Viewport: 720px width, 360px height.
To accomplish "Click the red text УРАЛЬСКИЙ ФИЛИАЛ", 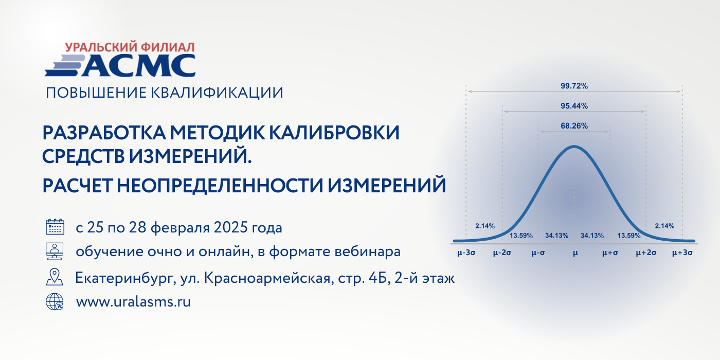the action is click(x=130, y=47).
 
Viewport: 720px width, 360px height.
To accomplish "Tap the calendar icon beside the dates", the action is click(x=55, y=227).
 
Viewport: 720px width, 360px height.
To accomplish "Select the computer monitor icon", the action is click(x=55, y=251).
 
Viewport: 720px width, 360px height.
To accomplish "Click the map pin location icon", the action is click(x=55, y=277).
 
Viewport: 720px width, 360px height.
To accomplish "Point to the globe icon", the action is click(x=55, y=301).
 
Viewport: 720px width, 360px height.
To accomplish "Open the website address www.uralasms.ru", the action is click(x=133, y=302).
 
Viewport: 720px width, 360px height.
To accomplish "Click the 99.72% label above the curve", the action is click(x=574, y=86).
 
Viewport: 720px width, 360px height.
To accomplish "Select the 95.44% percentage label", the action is click(x=574, y=106).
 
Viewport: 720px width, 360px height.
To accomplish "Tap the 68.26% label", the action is click(x=574, y=126).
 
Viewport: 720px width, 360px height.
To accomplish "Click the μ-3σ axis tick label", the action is click(x=466, y=253).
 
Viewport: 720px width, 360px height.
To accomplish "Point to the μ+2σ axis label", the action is click(x=646, y=253).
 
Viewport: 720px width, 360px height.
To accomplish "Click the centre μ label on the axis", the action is click(x=575, y=253).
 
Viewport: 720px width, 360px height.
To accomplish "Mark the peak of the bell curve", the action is click(x=574, y=147).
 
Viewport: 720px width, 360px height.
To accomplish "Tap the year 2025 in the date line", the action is click(x=231, y=227).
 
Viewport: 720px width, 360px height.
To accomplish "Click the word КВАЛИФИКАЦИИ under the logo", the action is click(x=217, y=93).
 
